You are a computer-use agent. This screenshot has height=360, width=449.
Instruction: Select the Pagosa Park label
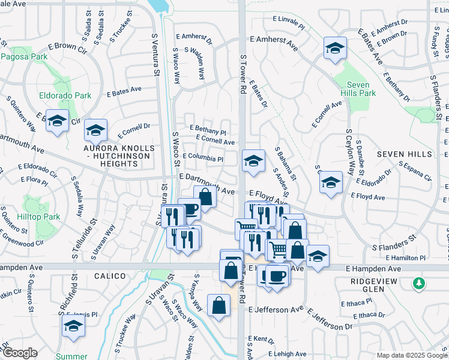coord(24,57)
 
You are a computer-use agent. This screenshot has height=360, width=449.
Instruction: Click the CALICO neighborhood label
coord(110,276)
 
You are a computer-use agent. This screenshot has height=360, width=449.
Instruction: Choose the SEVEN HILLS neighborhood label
coord(404,154)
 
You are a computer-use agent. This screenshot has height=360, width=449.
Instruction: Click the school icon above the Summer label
coord(73,326)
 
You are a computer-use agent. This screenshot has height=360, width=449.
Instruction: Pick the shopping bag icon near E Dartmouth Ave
coord(205,196)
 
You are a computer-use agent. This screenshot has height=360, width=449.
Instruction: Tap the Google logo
coord(20,353)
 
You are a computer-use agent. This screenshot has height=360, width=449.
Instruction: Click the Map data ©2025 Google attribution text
coord(411,355)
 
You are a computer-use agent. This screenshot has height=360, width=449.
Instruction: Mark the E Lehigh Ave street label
coord(292,354)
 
